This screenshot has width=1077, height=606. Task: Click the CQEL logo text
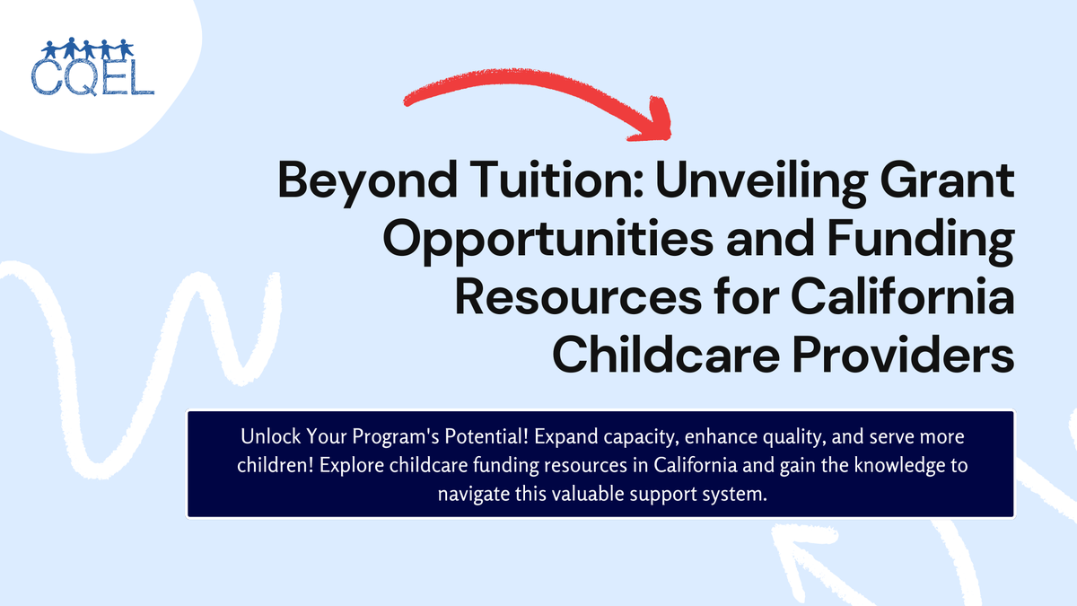92,76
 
